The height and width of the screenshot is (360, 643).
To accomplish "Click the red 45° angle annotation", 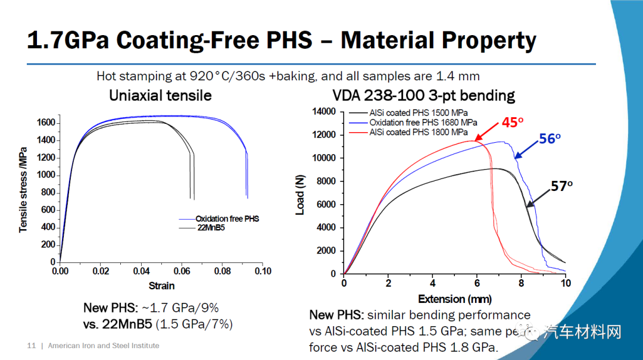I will pos(511,122).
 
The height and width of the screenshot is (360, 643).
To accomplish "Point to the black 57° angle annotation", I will pos(561,186).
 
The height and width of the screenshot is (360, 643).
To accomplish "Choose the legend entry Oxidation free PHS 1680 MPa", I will pos(423,123).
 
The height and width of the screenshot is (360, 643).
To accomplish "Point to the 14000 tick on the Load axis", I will pos(324,112).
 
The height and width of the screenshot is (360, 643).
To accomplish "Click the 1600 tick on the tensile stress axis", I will pos(47,123).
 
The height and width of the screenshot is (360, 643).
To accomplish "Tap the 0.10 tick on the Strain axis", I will pos(263,271).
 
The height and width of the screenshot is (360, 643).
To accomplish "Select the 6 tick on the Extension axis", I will pos(477,283).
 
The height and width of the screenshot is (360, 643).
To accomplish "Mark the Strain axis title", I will pos(161,286).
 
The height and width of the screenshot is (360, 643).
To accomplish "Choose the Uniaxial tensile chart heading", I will pos(160,95).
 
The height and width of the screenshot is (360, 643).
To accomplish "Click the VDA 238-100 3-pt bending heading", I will pos(423,95).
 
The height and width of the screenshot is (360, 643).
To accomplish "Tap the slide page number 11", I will pos(32,346).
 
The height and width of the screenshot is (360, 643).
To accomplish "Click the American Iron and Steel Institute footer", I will pos(104,346).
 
